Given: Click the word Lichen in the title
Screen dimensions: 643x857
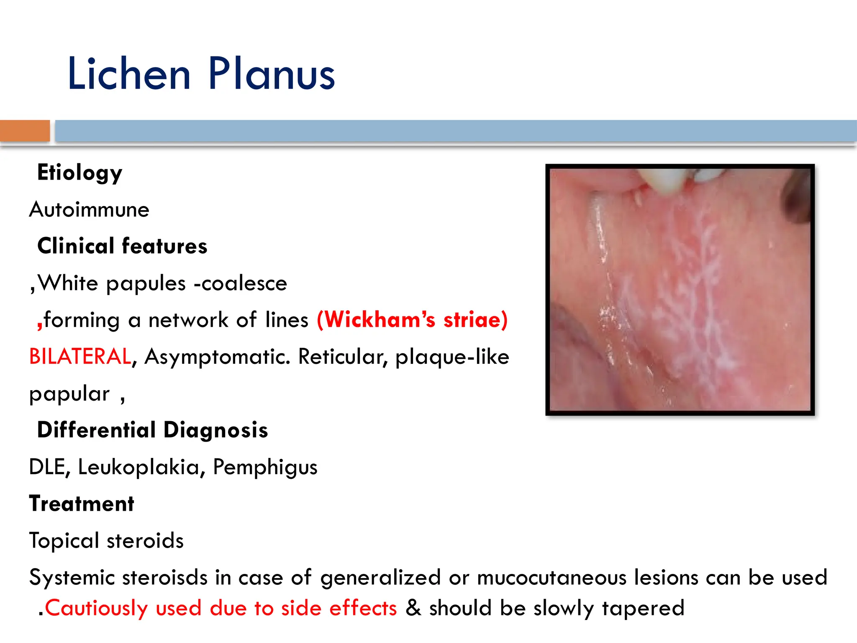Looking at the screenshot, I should coord(129,74).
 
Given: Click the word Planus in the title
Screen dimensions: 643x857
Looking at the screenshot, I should coord(272,74).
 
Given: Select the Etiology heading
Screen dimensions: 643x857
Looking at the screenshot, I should coord(80,173).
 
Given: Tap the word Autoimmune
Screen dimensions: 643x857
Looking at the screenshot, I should coord(89,209).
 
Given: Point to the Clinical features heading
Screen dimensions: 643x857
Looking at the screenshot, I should coord(122,246).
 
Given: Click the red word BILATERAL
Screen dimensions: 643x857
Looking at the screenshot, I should coord(80,357).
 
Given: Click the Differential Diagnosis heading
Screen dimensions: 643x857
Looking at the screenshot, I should coord(152,430).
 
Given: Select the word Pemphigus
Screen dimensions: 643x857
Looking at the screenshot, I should coord(265,468).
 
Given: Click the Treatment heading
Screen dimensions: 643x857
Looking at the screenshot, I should coord(82,504).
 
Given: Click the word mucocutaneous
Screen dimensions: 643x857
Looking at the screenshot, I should coord(552,578).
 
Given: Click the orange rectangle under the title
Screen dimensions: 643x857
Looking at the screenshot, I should coord(25,131).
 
